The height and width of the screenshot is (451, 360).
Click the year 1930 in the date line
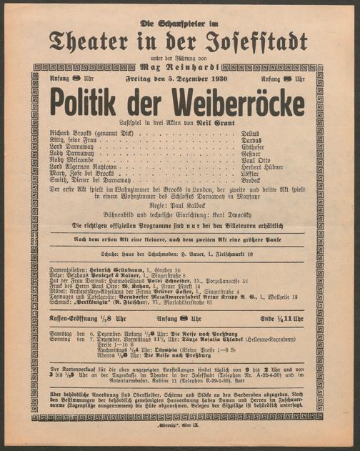click(x=215, y=78)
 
